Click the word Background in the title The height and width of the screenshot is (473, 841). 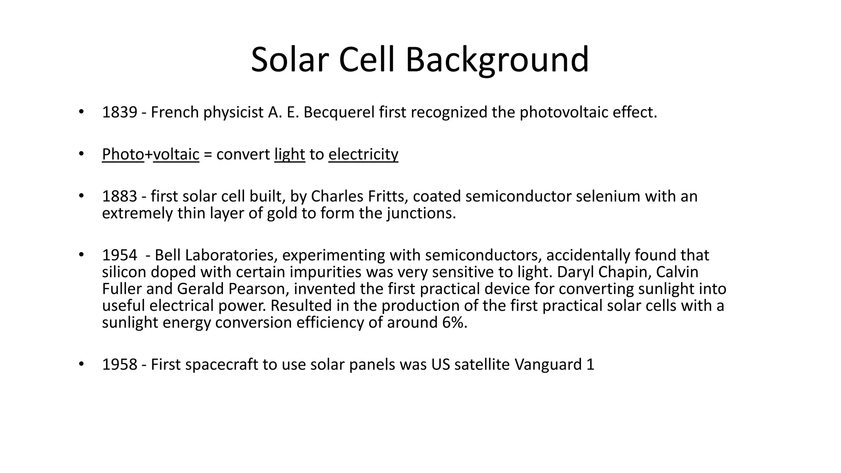coord(497,60)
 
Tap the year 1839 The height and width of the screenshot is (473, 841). coord(119,113)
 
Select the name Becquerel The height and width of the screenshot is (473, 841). coord(339,113)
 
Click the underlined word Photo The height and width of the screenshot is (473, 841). coord(123,154)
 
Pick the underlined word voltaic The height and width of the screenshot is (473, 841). coord(176,154)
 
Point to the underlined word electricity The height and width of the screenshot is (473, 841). coord(363,154)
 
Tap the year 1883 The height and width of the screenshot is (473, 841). coord(119,197)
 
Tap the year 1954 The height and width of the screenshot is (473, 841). coord(119,255)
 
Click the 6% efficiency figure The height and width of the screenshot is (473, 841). coord(455,323)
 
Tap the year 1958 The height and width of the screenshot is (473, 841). coord(119,365)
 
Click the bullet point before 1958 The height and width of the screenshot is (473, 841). coord(81,364)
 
